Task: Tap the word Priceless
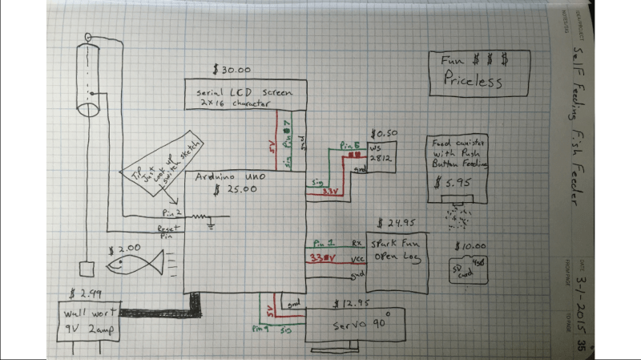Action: (474, 80)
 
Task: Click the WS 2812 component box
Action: (377, 156)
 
